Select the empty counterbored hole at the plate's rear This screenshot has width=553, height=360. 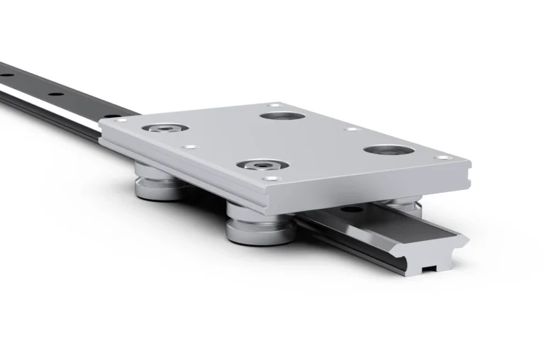pos(282,116)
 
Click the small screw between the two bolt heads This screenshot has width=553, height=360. pos(189,147)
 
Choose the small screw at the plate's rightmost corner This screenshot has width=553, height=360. pos(443,157)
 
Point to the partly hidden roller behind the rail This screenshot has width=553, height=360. pos(395,203)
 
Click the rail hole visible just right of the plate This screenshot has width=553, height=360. pos(349,209)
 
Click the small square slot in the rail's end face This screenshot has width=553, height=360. pos(428,269)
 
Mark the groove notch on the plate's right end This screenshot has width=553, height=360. pos(467,173)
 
